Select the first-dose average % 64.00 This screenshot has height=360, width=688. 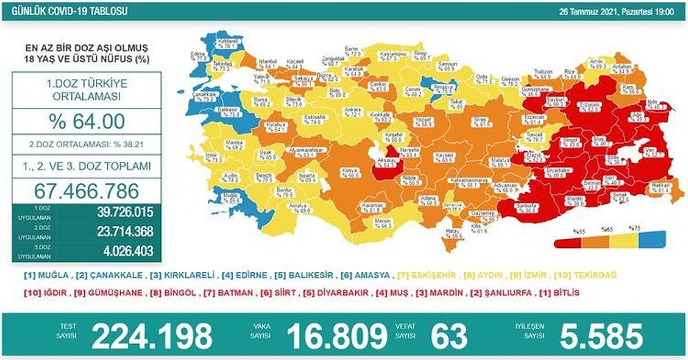tap(86, 122)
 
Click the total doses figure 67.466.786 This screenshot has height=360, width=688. tap(86, 190)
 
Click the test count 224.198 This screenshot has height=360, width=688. tap(152, 336)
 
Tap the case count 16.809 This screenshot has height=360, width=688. tap(336, 336)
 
